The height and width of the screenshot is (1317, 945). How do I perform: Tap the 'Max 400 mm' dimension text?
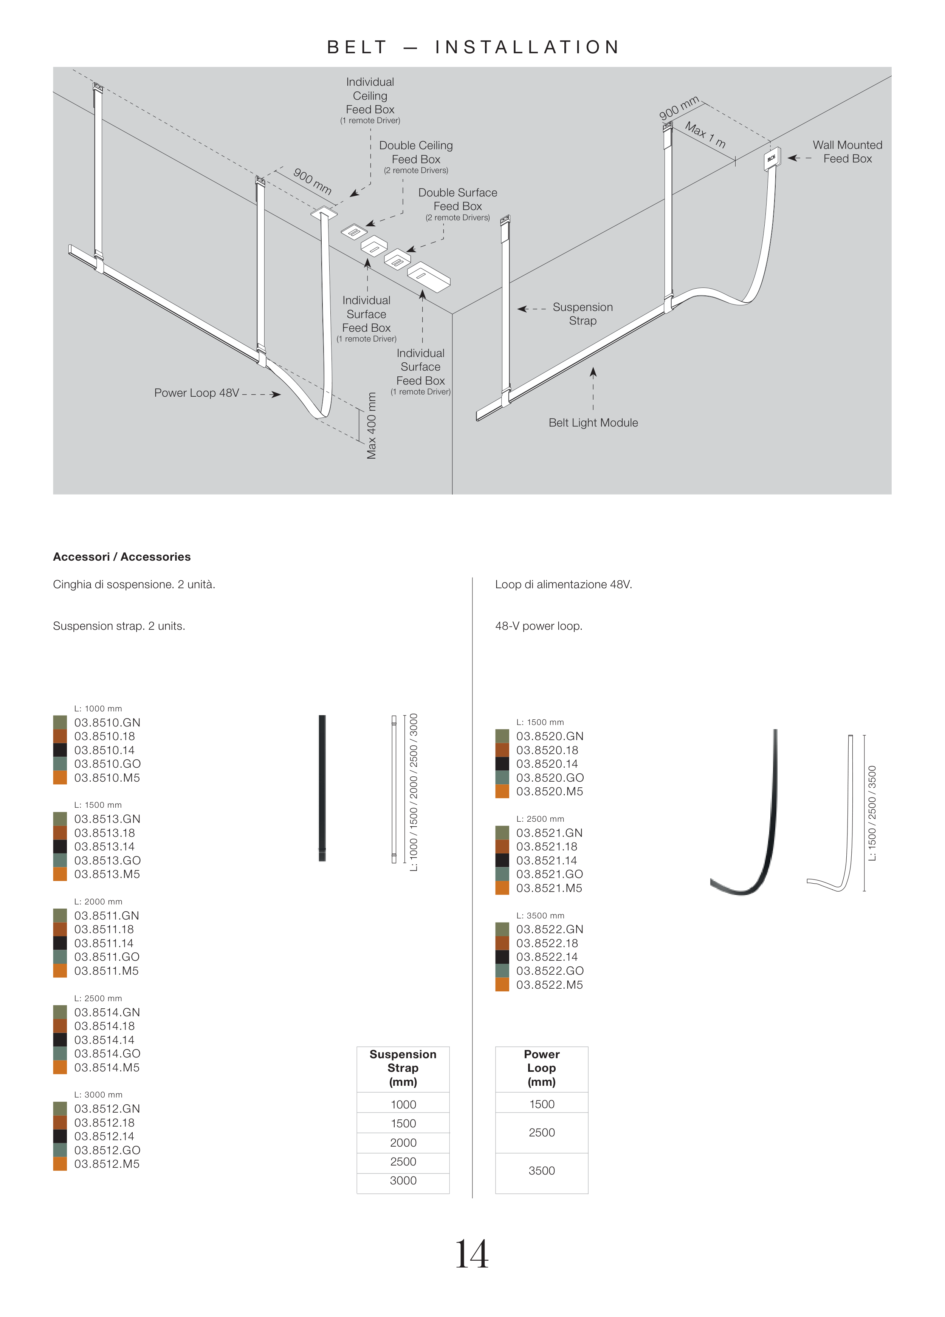[x=372, y=426]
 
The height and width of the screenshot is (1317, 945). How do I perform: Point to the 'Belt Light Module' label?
[x=593, y=423]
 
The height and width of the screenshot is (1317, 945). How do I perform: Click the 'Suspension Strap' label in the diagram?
[x=582, y=314]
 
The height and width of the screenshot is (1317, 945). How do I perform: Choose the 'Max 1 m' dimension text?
[x=705, y=135]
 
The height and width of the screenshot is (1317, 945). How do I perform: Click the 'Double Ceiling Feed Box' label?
[x=416, y=152]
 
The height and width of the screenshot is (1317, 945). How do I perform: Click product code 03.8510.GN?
[x=107, y=722]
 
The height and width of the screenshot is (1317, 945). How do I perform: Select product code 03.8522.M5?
[x=550, y=985]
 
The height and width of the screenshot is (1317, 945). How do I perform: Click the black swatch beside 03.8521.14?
[x=502, y=861]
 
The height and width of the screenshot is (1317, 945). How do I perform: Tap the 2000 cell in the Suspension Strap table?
[x=403, y=1143]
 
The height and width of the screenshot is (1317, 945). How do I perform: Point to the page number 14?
[x=472, y=1254]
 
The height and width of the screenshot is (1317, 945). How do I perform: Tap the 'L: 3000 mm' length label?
[x=98, y=1094]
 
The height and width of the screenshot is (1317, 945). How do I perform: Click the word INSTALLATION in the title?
[x=527, y=47]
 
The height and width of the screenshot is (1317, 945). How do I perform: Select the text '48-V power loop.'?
[x=538, y=626]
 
